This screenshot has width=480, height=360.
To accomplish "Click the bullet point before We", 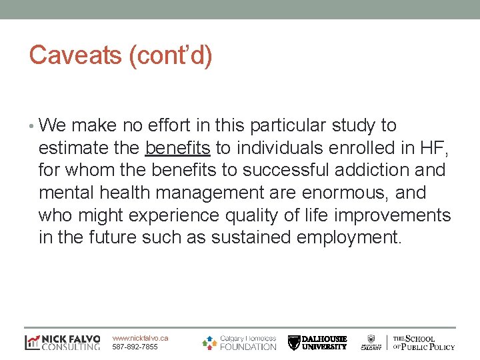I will coord(33,125).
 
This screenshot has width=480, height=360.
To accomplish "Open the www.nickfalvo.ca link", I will coord(140,338).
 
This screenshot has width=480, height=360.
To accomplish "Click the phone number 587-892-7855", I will coord(135,347).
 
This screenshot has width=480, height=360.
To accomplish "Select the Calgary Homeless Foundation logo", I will coord(239,342).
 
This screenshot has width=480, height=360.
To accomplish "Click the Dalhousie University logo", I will coord(317,342).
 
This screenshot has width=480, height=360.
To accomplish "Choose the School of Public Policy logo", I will coord(423,342).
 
